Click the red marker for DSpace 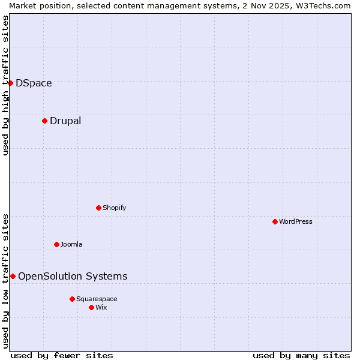(x=10, y=83)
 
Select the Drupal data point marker (x=44, y=121)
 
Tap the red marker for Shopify (x=98, y=208)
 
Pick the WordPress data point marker (x=275, y=221)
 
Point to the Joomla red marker (x=56, y=244)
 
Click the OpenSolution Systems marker (x=13, y=276)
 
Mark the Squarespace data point (x=72, y=299)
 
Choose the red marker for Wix (x=91, y=307)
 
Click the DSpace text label (x=34, y=83)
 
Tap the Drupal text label (x=65, y=121)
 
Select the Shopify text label (x=114, y=208)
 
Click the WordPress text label (x=296, y=222)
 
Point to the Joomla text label (x=71, y=245)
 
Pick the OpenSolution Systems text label (x=73, y=277)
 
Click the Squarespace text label (x=97, y=299)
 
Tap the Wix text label (x=101, y=308)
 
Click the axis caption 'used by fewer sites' (x=62, y=355)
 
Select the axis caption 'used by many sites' (x=301, y=355)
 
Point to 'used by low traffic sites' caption (x=5, y=281)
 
